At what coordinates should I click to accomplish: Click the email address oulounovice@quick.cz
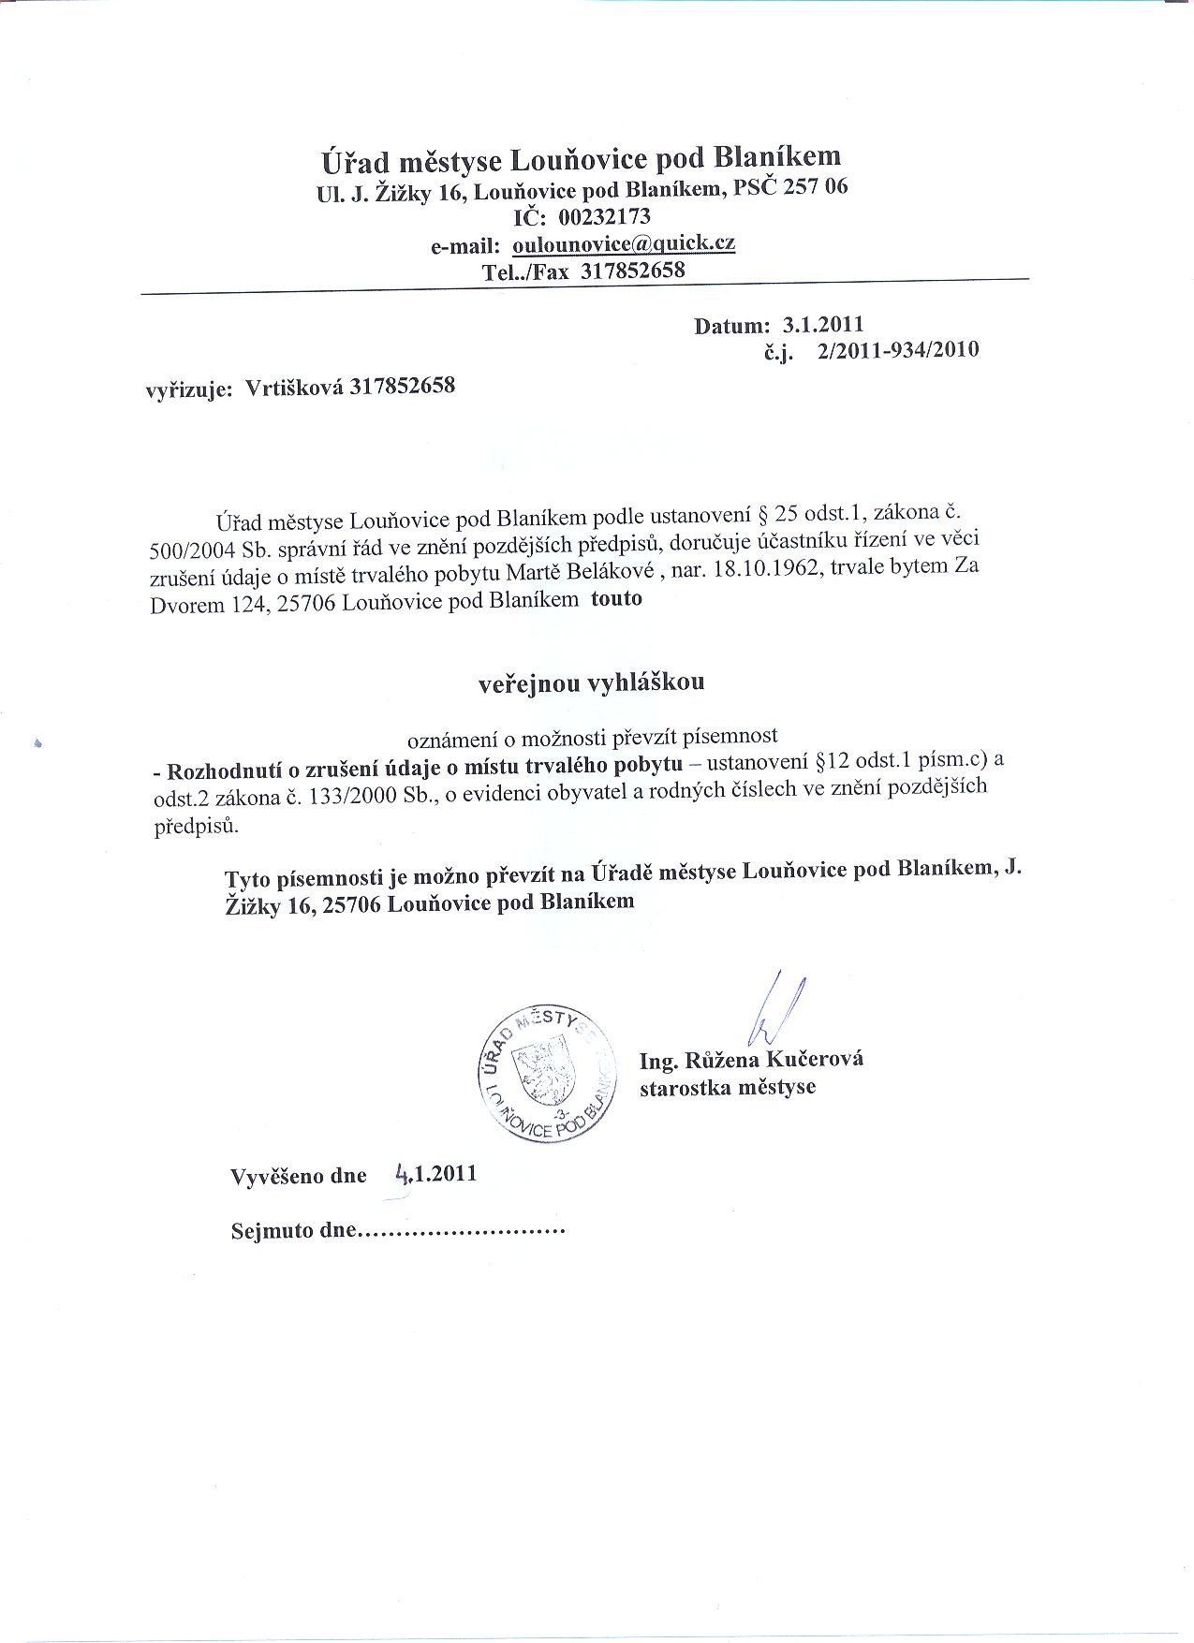coord(623,244)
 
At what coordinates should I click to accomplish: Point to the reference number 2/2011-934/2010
coord(897,351)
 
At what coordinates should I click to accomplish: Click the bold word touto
coord(616,598)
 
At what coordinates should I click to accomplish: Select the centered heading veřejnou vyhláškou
coord(592,682)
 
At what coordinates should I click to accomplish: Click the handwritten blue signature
coord(776,1008)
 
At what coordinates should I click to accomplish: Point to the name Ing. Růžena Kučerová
coord(751,1060)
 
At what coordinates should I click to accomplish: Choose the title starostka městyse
coord(727,1088)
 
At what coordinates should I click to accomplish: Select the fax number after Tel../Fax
coord(633,271)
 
